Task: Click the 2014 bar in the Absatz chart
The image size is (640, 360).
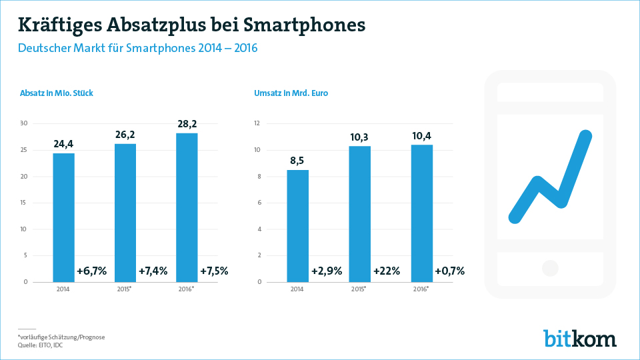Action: [63, 217]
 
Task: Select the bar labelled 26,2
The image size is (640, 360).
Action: [125, 213]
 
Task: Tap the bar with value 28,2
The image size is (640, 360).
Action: [187, 207]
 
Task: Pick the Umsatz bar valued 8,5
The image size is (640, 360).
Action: [298, 226]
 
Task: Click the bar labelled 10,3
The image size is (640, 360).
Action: [359, 213]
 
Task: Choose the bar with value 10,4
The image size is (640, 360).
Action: [421, 213]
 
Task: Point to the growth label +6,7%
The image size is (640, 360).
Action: [91, 271]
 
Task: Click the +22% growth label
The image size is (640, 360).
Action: [386, 271]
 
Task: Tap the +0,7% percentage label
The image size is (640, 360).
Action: [449, 271]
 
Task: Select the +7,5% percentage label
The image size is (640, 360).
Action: [214, 271]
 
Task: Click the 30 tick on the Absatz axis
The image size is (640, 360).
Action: [24, 123]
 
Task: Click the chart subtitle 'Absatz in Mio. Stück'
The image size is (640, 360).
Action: [57, 93]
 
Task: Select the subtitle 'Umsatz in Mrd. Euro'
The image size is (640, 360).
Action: [291, 93]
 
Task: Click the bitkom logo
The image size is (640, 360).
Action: [579, 338]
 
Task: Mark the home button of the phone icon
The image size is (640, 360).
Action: [550, 268]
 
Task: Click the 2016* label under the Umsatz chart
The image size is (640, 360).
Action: [421, 289]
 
